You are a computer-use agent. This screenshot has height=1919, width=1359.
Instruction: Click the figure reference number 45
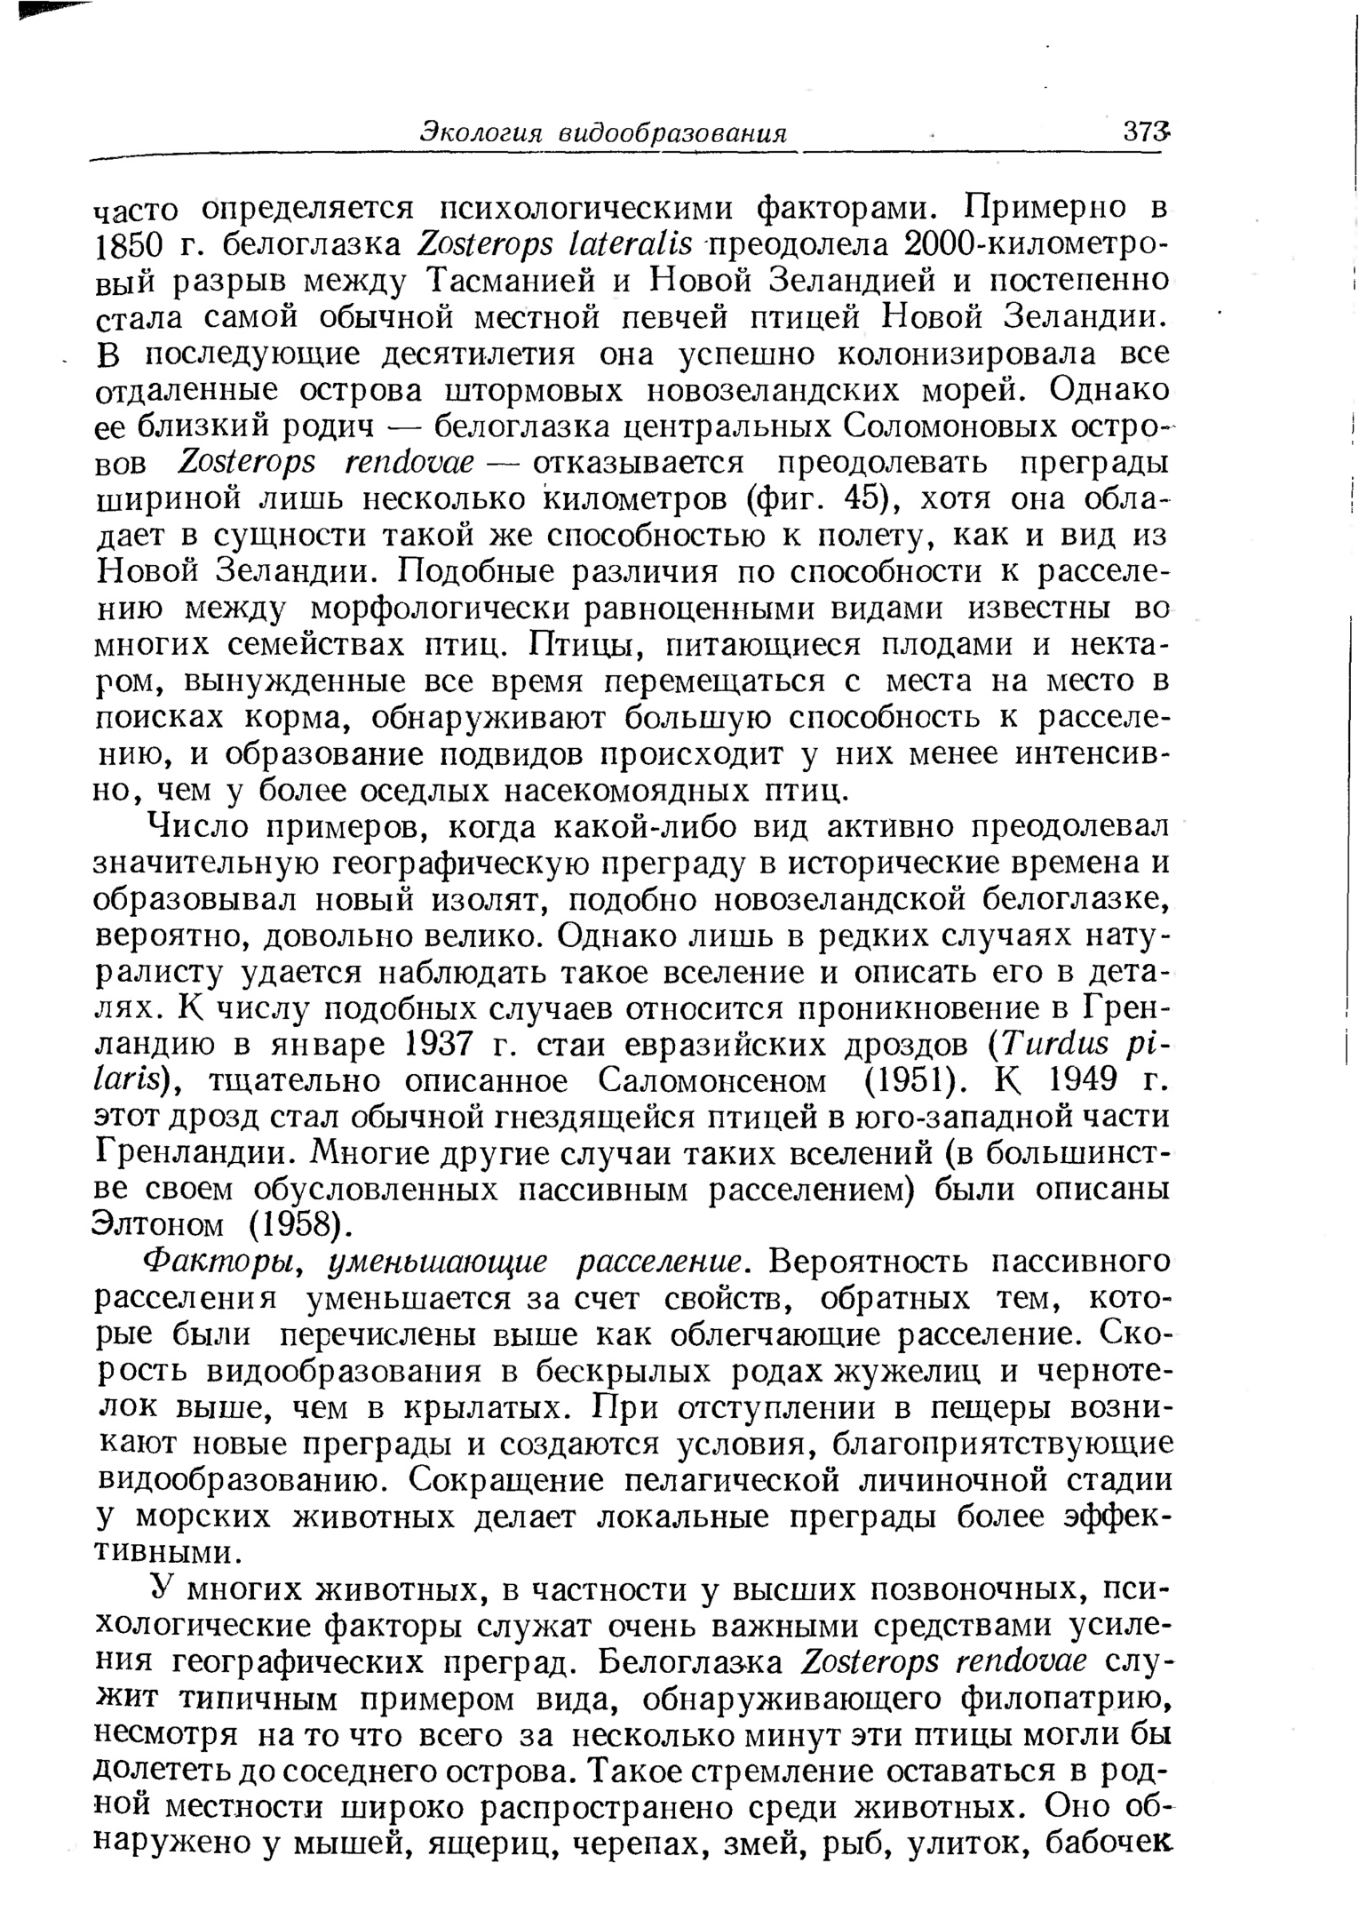(x=864, y=498)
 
